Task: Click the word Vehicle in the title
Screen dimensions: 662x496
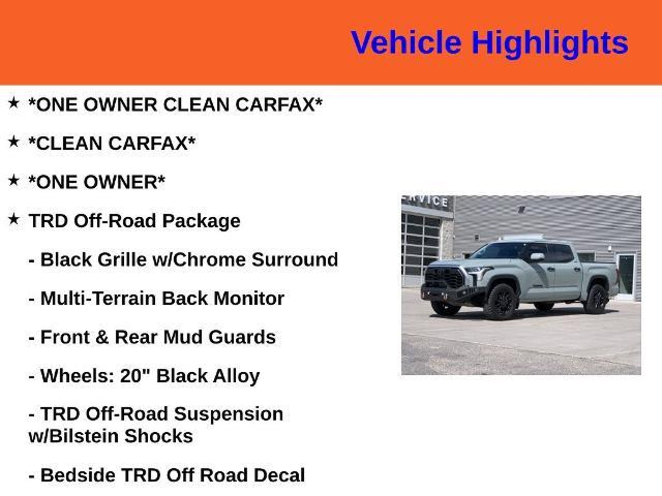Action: [x=406, y=43]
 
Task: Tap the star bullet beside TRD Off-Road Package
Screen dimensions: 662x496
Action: [x=14, y=220]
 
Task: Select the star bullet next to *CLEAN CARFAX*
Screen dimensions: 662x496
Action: [x=14, y=142]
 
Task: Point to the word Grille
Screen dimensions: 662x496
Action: [x=122, y=260]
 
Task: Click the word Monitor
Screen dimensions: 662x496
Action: [x=249, y=298]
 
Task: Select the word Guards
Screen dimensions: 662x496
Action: [x=242, y=337]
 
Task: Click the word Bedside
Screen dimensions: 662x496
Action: [x=78, y=475]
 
